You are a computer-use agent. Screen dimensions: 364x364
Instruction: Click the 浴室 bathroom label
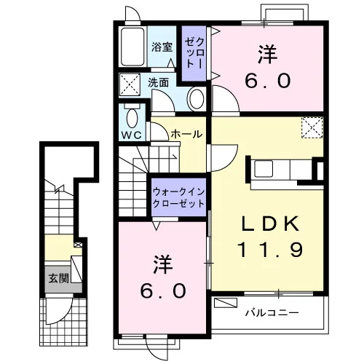pyautogui.click(x=162, y=47)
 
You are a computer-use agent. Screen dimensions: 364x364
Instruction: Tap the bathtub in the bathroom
pyautogui.click(x=132, y=47)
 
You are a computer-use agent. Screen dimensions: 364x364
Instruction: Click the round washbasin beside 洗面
pyautogui.click(x=197, y=99)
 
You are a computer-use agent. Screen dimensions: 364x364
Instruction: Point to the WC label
pyautogui.click(x=132, y=135)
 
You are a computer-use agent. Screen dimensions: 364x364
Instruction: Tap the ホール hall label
pyautogui.click(x=186, y=134)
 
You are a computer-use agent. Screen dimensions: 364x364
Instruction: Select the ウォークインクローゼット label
pyautogui.click(x=179, y=198)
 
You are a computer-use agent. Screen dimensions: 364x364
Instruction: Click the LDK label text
pyautogui.click(x=269, y=223)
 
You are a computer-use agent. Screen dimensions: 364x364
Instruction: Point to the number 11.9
pyautogui.click(x=270, y=250)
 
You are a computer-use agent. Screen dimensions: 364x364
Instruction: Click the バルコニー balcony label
pyautogui.click(x=272, y=312)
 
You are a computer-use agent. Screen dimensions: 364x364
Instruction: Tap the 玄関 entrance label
pyautogui.click(x=59, y=278)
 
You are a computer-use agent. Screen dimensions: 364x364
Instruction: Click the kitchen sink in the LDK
pyautogui.click(x=264, y=168)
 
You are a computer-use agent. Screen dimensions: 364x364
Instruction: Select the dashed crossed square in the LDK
pyautogui.click(x=312, y=127)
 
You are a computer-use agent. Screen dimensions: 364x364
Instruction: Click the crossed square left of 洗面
pyautogui.click(x=130, y=84)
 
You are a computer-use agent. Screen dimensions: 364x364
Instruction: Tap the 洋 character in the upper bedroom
pyautogui.click(x=267, y=55)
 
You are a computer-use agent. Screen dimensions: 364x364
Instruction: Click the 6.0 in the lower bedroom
pyautogui.click(x=163, y=290)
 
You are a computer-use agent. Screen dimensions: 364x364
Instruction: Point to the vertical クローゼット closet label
pyautogui.click(x=194, y=53)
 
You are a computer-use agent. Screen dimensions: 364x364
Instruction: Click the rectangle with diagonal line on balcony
pyautogui.click(x=226, y=302)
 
